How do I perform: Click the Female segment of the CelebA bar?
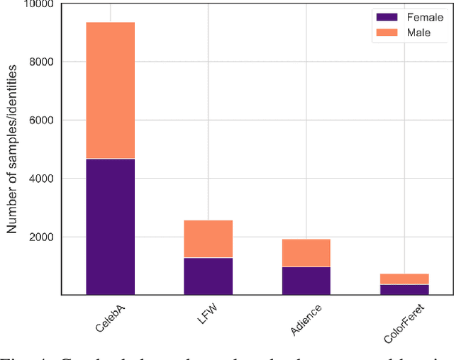110,226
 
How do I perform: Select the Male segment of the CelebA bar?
110,91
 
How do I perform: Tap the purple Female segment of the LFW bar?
208,276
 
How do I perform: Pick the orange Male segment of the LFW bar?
208,239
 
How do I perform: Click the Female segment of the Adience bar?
306,280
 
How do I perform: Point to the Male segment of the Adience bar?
306,253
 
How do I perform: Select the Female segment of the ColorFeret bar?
404,289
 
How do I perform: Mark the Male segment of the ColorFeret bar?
404,279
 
